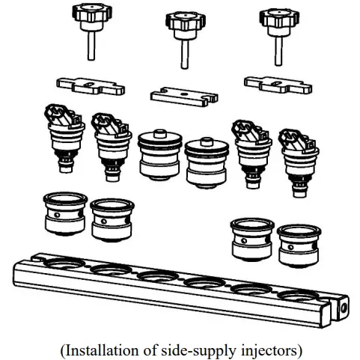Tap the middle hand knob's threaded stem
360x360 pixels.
[185, 55]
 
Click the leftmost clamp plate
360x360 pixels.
[91, 86]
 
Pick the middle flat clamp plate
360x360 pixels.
[184, 97]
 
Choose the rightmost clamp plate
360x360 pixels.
[278, 85]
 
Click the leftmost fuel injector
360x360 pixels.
[64, 138]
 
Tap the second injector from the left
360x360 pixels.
[112, 147]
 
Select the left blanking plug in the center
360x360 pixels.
[160, 155]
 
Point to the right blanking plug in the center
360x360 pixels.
[207, 163]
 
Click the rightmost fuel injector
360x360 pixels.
[299, 163]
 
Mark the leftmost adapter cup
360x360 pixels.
[65, 214]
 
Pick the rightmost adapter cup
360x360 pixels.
[299, 245]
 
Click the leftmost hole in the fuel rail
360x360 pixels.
[64, 264]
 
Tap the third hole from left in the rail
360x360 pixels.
[158, 276]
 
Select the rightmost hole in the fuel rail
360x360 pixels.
[299, 296]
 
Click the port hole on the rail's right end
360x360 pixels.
[343, 308]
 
